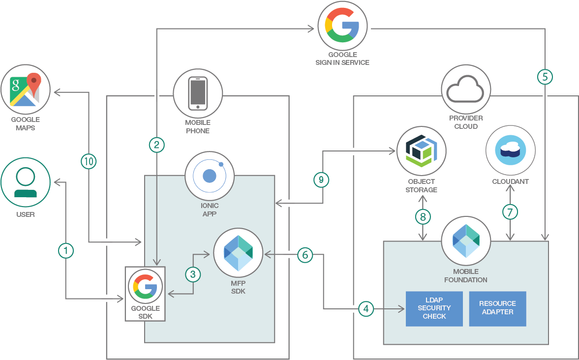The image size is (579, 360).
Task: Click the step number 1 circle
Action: click(65, 251)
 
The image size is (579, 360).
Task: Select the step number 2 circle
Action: click(156, 145)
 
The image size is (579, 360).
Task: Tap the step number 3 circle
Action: click(193, 274)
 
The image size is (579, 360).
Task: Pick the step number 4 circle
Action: click(366, 309)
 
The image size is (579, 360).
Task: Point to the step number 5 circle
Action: click(545, 77)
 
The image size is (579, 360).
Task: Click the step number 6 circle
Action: click(305, 255)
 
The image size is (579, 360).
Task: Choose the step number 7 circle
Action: click(510, 212)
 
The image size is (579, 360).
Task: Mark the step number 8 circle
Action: click(423, 216)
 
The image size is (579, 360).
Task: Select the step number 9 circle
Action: click(322, 180)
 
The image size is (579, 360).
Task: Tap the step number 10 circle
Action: click(89, 161)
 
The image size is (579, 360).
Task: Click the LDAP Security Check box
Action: click(434, 308)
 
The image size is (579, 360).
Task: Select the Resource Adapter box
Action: click(497, 308)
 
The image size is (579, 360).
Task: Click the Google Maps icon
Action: click(26, 89)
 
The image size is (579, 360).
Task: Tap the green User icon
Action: click(26, 182)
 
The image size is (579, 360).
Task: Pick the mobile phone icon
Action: click(198, 93)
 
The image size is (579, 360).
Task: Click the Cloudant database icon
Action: click(510, 150)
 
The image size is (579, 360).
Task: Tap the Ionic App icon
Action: click(210, 176)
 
